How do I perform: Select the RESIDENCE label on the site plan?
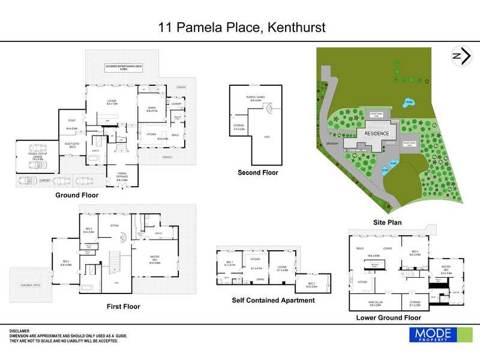pyautogui.click(x=374, y=134)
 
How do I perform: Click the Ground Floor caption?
pyautogui.click(x=77, y=195)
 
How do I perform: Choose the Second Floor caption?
pyautogui.click(x=258, y=173)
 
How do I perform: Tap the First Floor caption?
pyautogui.click(x=123, y=307)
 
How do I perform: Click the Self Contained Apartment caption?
pyautogui.click(x=273, y=301)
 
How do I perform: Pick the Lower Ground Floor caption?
pyautogui.click(x=389, y=317)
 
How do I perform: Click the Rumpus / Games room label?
pyautogui.click(x=253, y=98)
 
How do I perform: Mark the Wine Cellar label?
pyautogui.click(x=375, y=302)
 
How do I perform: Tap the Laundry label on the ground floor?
pyautogui.click(x=176, y=104)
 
